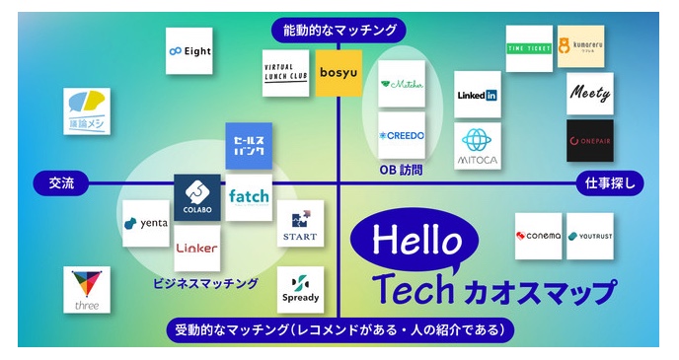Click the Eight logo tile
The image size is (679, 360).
[x=189, y=51]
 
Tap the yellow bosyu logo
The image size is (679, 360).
[x=339, y=72]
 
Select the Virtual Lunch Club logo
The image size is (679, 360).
[x=285, y=72]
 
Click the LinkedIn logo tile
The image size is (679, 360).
[x=479, y=95]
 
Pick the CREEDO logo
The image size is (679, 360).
[x=402, y=135]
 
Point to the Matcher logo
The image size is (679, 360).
[x=402, y=85]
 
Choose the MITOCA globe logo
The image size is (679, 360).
[x=479, y=145]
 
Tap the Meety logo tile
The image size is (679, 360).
[x=589, y=95]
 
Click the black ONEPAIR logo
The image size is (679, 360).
[x=589, y=141]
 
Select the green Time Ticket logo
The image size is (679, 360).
[x=528, y=46]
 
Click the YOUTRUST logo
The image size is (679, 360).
[x=590, y=237]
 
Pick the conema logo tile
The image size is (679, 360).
[x=538, y=237]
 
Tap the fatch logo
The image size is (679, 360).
[x=249, y=196]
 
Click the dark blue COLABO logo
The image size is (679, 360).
[x=197, y=196]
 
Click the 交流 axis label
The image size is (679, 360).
[x=60, y=182]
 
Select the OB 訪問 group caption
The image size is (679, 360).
[x=401, y=170]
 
